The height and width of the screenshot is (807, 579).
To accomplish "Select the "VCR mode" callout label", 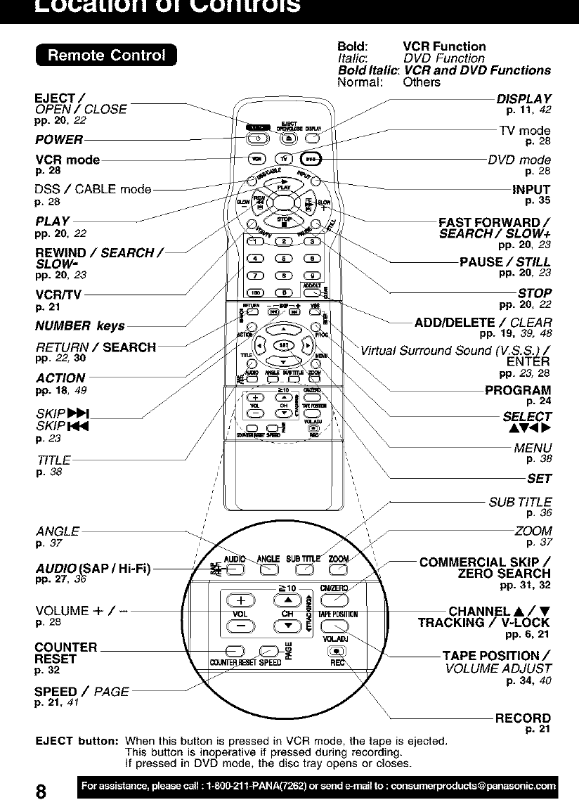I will (x=67, y=160).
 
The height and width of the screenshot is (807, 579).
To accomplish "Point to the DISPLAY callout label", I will (x=523, y=98).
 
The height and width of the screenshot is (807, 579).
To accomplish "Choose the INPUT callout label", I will (x=531, y=189).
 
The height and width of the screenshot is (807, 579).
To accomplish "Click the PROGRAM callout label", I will (x=518, y=391).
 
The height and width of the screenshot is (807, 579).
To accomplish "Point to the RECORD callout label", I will (x=523, y=718).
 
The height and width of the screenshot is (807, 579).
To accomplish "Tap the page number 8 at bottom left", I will (x=41, y=790).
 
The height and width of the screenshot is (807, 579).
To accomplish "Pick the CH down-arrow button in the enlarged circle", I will (x=288, y=624).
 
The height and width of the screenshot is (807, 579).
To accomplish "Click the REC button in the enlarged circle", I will (x=335, y=650).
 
